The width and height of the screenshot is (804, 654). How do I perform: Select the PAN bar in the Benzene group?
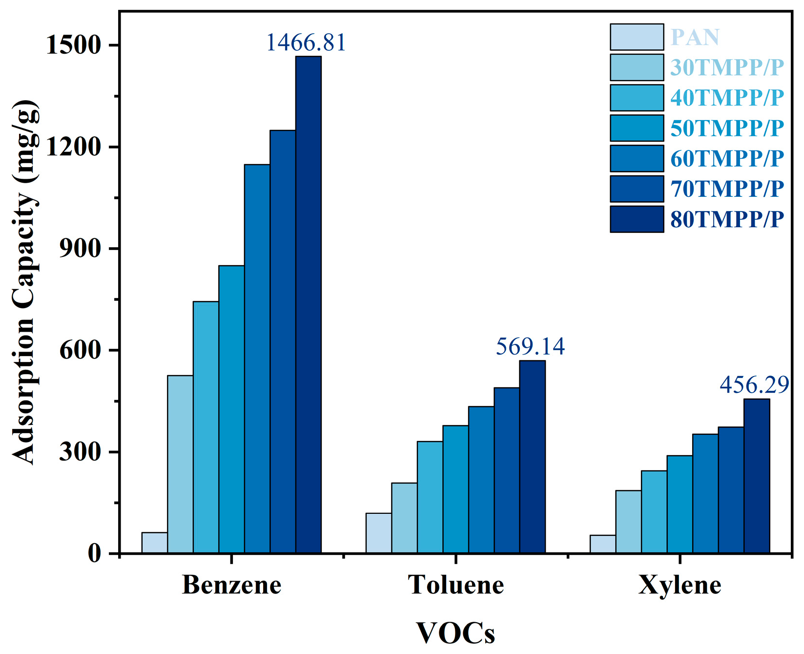click(x=154, y=543)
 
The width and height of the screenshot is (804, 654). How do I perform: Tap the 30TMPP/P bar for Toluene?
click(x=404, y=518)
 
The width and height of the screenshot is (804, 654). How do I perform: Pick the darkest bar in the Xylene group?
click(x=756, y=476)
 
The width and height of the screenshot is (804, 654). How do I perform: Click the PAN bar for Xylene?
click(x=602, y=544)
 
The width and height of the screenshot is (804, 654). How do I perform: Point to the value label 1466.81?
click(x=306, y=42)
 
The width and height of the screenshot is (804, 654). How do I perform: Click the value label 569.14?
click(x=530, y=346)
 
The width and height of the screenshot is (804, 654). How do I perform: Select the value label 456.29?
click(x=754, y=385)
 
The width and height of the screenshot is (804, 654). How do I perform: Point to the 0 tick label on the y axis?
click(x=94, y=553)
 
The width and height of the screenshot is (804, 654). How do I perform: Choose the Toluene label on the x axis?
click(x=455, y=585)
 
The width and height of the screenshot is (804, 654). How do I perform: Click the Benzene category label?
click(x=231, y=585)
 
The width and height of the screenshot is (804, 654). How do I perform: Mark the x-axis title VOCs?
click(x=455, y=633)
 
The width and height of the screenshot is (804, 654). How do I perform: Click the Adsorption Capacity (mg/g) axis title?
click(x=24, y=282)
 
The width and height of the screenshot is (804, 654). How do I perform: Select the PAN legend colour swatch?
click(x=637, y=37)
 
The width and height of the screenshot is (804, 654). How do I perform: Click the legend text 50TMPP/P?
click(x=726, y=128)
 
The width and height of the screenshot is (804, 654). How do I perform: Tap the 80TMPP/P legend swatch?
click(x=637, y=219)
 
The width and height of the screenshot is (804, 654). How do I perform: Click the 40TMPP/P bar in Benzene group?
click(x=206, y=427)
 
